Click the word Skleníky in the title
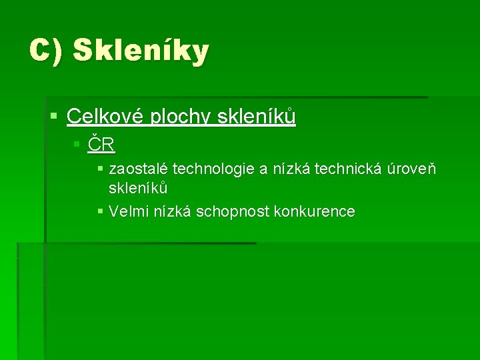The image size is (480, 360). (x=141, y=50)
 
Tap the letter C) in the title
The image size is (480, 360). (x=46, y=50)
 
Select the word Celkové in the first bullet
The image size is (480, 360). (x=107, y=117)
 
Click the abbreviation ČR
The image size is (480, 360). (x=102, y=144)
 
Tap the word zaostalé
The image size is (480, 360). (x=138, y=169)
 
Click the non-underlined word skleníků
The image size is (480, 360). (x=138, y=188)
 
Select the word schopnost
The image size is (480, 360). (x=229, y=212)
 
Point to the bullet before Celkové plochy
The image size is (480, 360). (x=54, y=117)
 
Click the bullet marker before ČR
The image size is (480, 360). (x=77, y=144)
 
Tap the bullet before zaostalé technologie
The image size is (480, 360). (x=100, y=169)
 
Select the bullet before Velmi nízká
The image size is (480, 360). (x=100, y=212)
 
